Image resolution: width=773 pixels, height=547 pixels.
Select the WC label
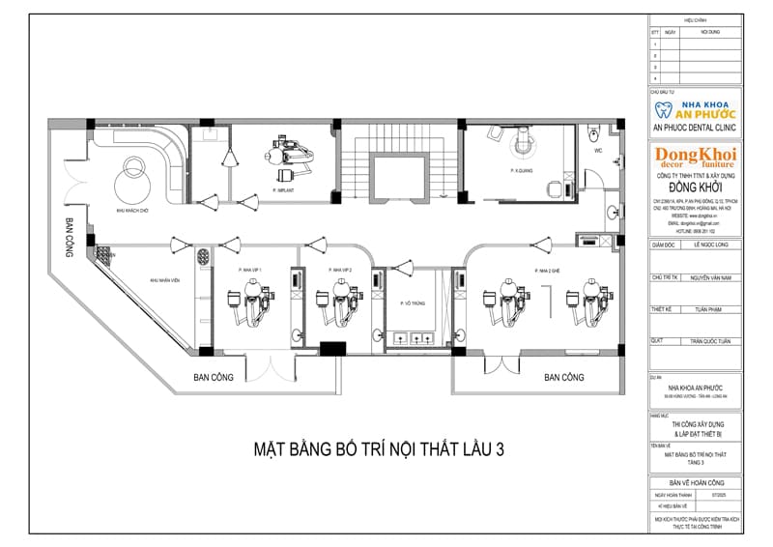pos(598,152)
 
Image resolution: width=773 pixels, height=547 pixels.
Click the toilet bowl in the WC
pos(598,130)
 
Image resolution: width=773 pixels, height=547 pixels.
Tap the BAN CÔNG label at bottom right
pos(563,376)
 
